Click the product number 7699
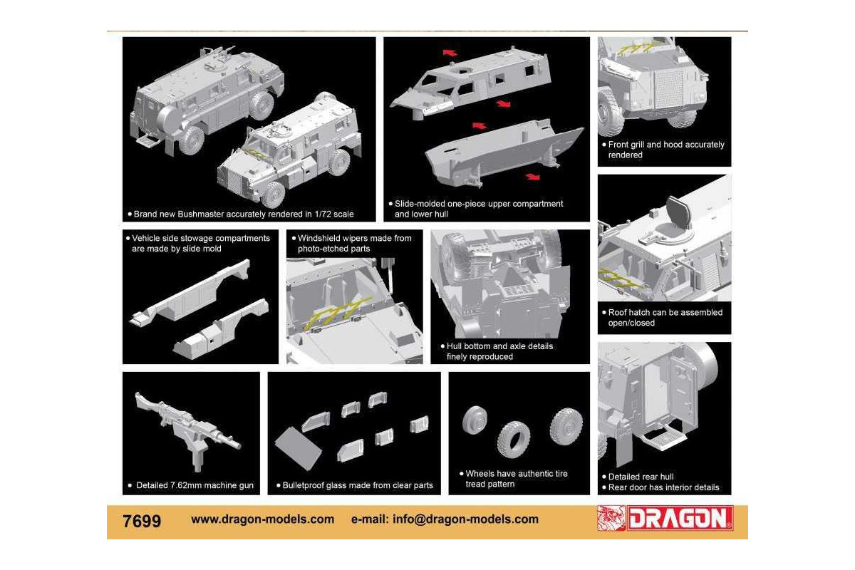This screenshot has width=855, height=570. pos(142,521)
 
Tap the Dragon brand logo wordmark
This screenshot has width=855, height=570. pos(680,518)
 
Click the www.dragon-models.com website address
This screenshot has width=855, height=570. pos(263,519)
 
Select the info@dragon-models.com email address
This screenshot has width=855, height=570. pos(466,519)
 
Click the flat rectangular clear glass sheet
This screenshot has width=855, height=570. pos(298,449)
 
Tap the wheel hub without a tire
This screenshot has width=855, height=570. pos(475,420)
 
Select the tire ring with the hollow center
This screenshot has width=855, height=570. pos(514,440)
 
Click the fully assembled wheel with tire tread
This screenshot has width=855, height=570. pos(566,426)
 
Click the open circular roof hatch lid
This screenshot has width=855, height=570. pos(678,212)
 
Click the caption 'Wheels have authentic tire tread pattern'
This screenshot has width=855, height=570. pos(517,479)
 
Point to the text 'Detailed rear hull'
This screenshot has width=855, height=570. pos(641,477)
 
